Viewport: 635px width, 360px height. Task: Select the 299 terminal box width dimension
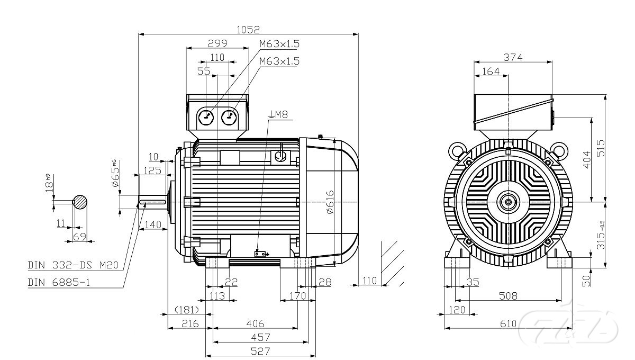point(217,43)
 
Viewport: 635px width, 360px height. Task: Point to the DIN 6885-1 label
point(59,282)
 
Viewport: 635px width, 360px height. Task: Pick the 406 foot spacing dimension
point(255,323)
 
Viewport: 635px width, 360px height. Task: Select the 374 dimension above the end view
point(512,58)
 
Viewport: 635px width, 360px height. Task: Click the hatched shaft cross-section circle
point(80,202)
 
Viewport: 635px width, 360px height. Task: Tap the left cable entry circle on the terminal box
point(205,116)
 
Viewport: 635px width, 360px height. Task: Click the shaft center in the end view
point(509,201)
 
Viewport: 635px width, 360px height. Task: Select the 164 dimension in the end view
point(491,71)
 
